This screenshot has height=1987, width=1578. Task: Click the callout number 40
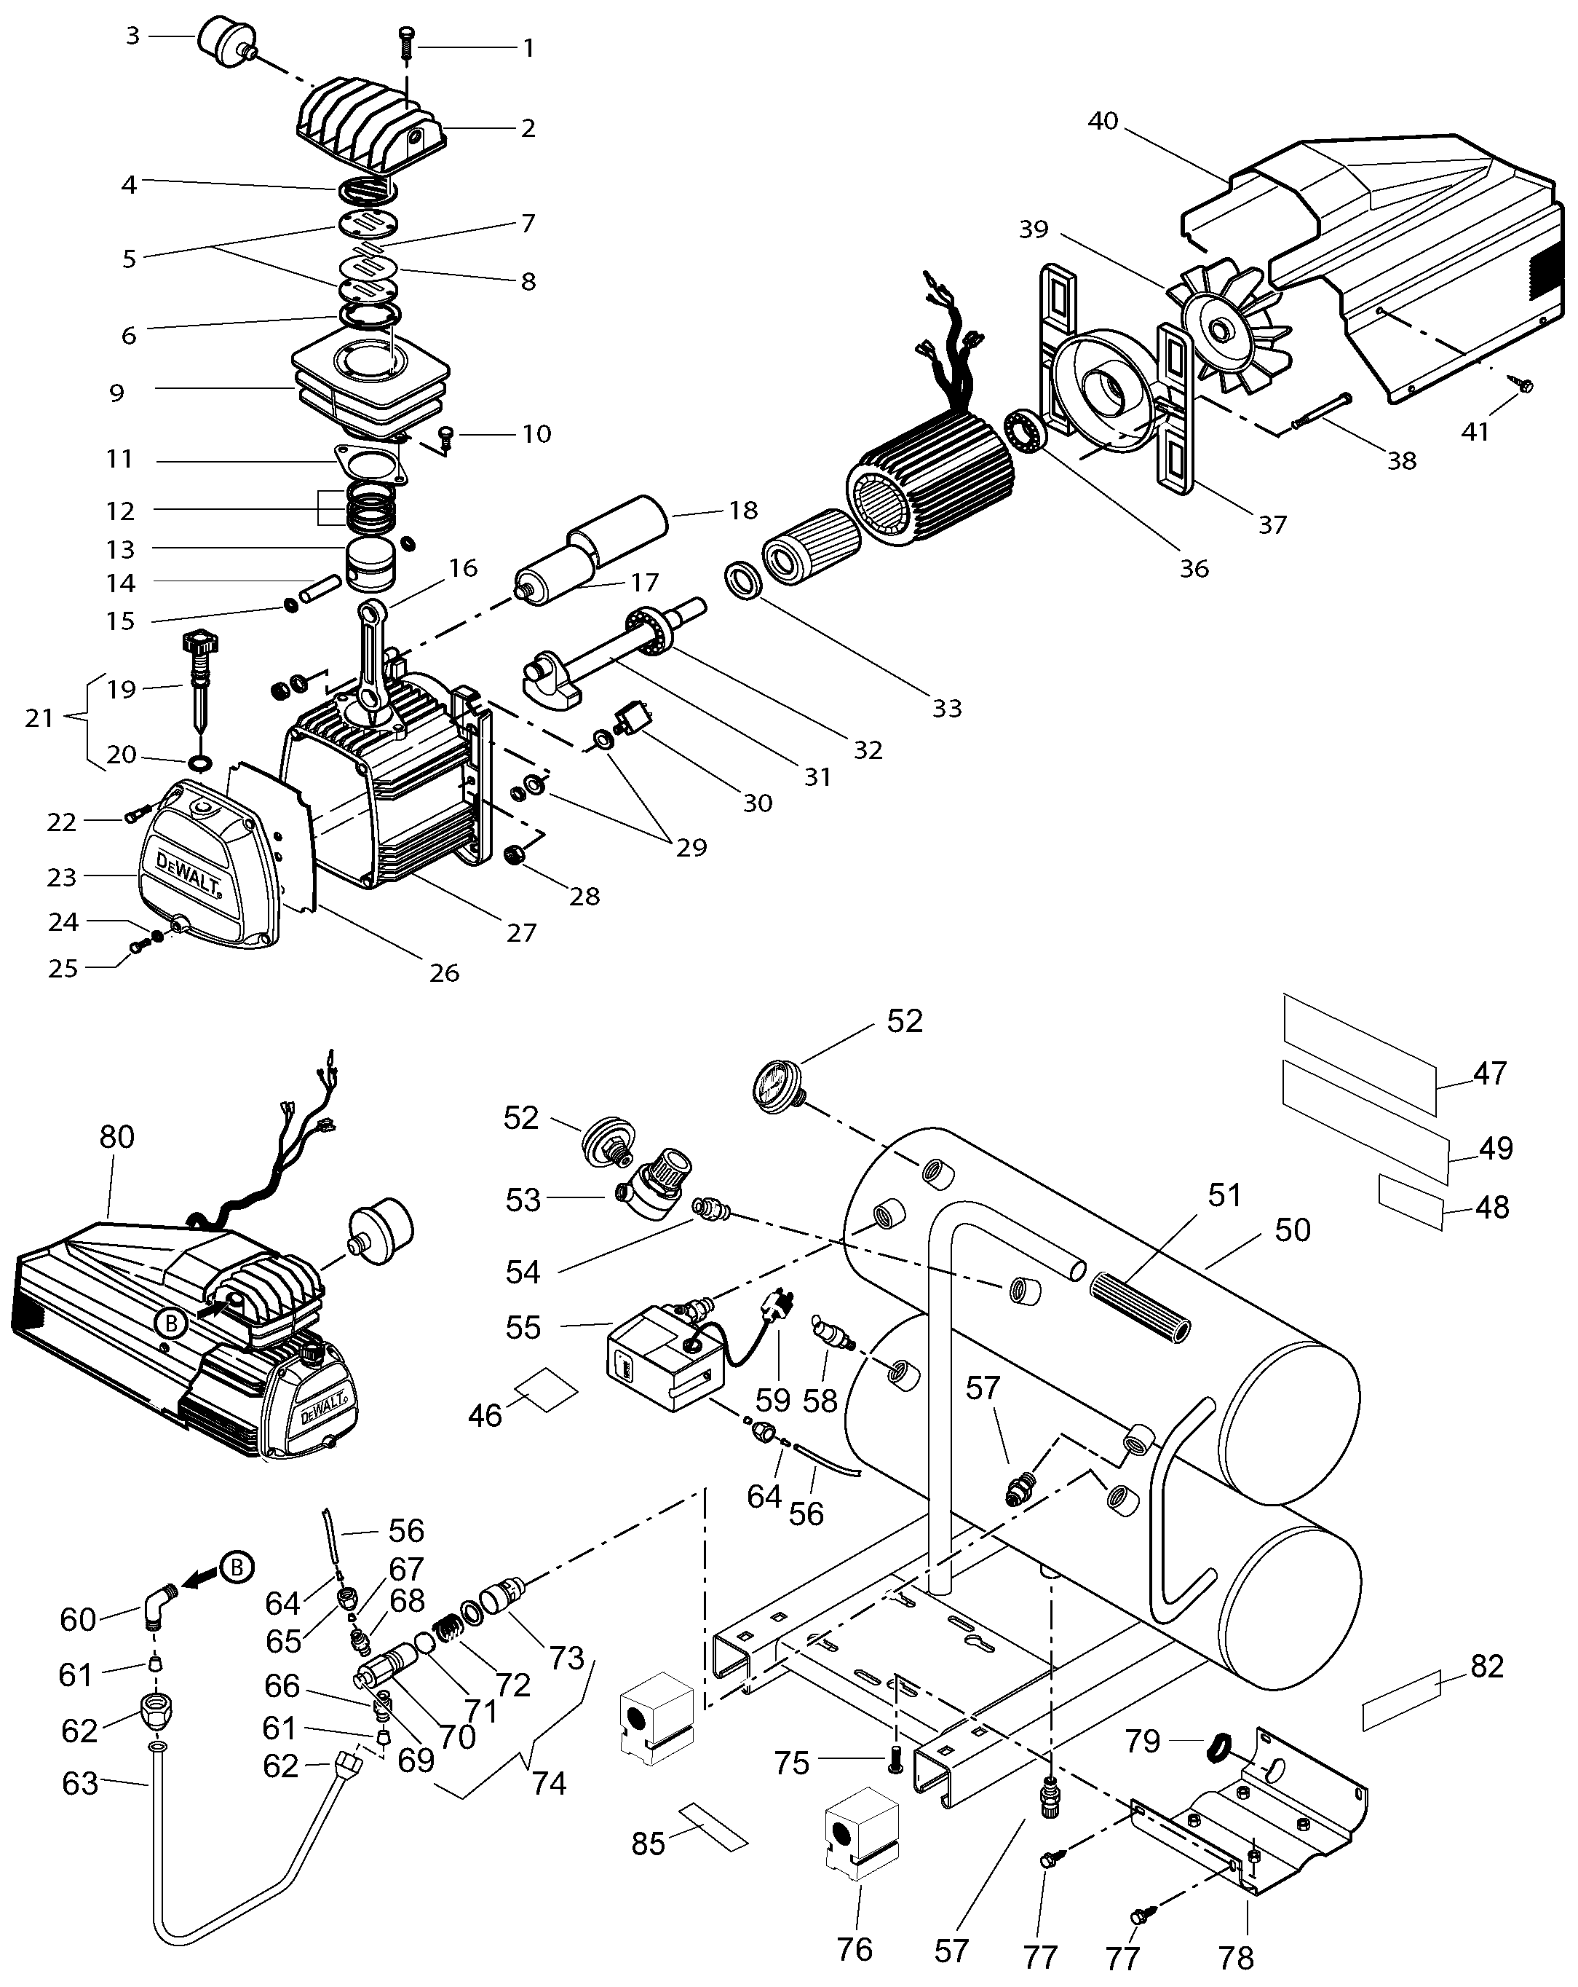click(1103, 121)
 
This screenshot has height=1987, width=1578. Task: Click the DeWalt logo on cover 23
click(188, 875)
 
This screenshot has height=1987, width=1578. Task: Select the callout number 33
click(947, 708)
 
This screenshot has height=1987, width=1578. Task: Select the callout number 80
click(117, 1137)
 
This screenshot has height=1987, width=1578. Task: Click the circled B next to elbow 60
click(237, 1566)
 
